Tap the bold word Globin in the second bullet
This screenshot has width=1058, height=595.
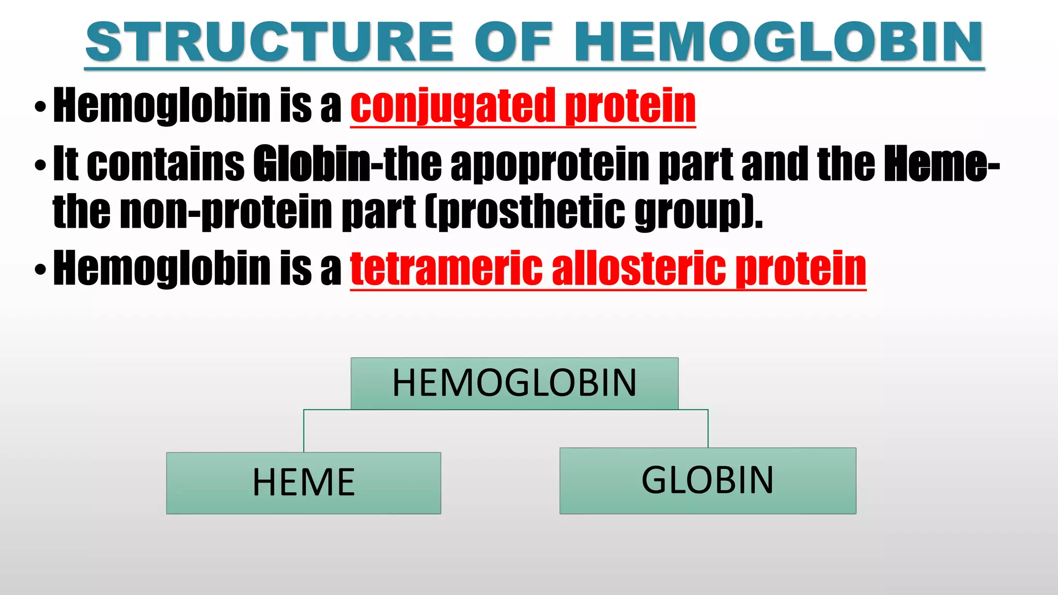tap(312, 164)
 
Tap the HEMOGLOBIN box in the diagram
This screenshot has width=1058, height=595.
tap(515, 383)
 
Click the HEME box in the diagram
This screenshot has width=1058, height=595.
tap(304, 483)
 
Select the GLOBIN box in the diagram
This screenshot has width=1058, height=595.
tap(708, 480)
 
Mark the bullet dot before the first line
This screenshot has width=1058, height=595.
tap(40, 107)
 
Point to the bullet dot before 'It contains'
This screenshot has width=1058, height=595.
tap(40, 166)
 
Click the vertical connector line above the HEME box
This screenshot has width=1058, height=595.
tap(304, 431)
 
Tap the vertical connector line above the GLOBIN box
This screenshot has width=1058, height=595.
tap(708, 429)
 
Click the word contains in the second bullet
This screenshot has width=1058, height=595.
tap(165, 164)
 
